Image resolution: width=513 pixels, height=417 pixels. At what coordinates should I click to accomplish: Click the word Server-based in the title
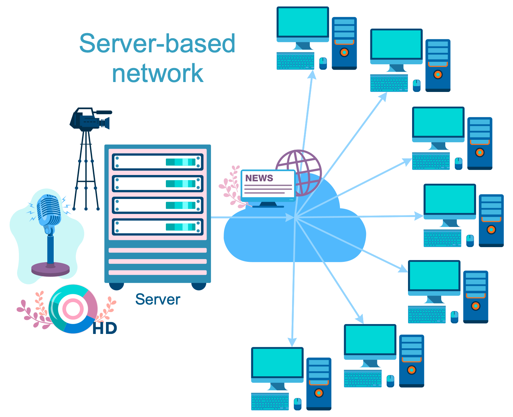point(157,43)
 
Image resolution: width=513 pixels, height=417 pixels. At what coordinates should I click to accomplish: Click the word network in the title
point(158,73)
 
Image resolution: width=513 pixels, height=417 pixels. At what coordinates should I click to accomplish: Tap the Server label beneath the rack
point(158,299)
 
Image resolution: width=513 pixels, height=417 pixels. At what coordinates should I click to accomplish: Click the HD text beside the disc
point(105,328)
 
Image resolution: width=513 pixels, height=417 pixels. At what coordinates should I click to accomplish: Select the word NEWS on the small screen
point(259,178)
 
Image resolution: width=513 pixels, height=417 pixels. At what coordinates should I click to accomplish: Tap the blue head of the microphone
point(48,209)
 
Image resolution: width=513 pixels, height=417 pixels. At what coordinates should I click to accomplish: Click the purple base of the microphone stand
point(50,269)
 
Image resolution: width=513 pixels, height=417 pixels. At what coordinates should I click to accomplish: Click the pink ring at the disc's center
point(73,309)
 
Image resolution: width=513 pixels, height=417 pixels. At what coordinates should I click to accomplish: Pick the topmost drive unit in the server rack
point(158,162)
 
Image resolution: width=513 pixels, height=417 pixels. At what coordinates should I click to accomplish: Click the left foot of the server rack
point(116,286)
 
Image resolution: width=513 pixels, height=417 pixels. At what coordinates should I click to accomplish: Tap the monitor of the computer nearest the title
point(303,22)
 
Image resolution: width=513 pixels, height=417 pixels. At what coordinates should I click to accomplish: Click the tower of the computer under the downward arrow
point(319,383)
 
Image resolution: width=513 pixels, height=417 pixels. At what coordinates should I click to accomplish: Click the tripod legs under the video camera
point(86,171)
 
